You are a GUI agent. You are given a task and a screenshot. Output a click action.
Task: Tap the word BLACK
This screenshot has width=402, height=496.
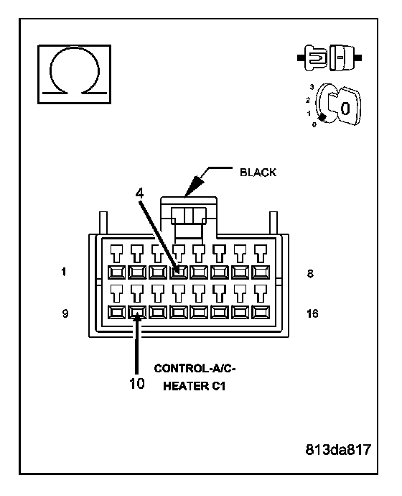coord(258,173)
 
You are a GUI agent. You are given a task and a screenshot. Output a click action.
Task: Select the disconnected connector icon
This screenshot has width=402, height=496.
coord(329,58)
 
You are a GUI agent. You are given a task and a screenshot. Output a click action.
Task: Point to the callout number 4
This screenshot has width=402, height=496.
coord(139,193)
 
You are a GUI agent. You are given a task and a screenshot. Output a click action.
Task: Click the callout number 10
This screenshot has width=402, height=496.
coord(136,383)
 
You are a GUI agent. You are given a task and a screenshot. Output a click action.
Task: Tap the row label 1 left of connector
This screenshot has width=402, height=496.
coord(64,272)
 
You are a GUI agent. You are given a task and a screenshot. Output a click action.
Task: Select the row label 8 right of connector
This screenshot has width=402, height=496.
coord(310,273)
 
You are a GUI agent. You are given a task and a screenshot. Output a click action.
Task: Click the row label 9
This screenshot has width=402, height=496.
coord(65,313)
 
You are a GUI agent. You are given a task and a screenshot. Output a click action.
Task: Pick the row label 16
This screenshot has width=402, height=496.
coord(312,313)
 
